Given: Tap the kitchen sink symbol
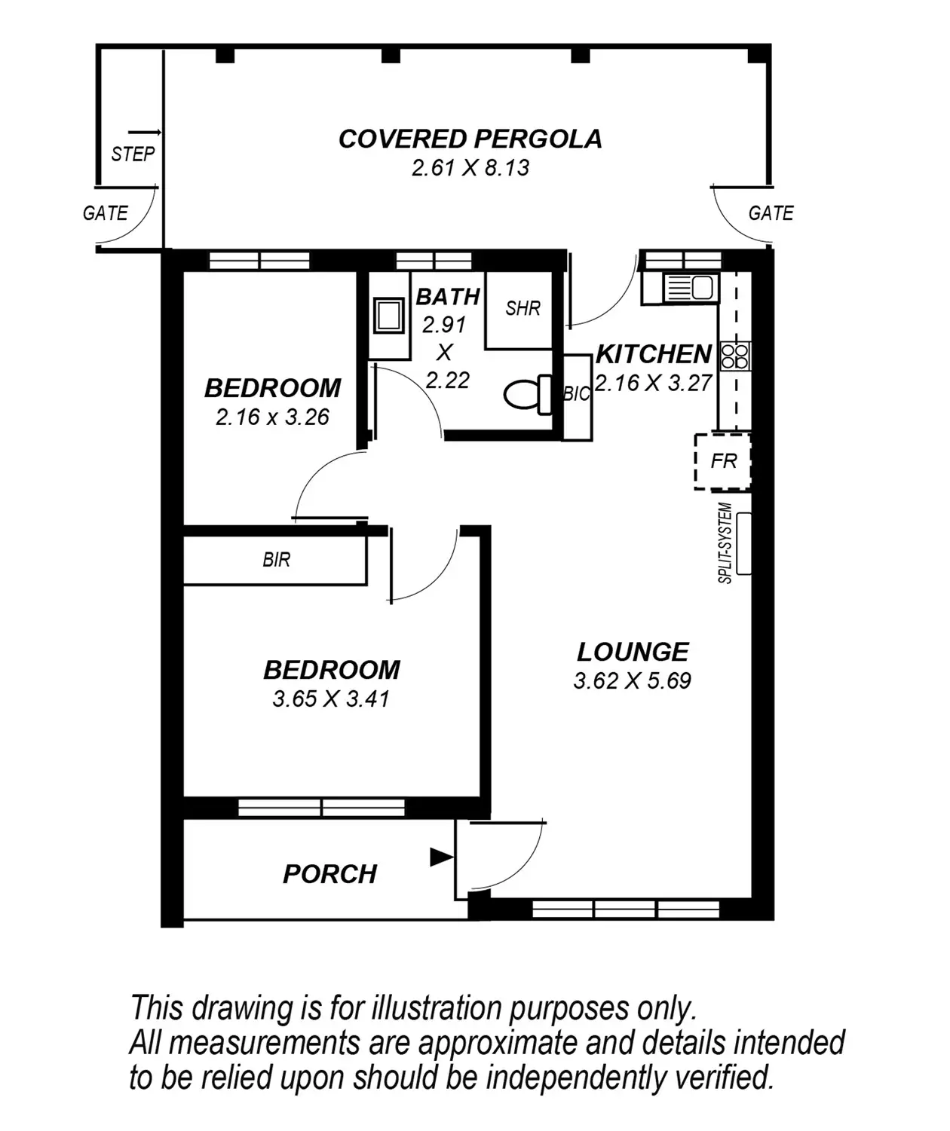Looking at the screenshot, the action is [x=691, y=288].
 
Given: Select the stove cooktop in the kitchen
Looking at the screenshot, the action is [x=735, y=356].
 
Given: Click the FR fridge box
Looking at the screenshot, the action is [x=723, y=461].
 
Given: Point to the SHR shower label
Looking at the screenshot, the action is [x=523, y=308].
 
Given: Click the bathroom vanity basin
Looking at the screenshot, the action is [x=388, y=315].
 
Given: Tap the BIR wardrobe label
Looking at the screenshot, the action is [x=277, y=560].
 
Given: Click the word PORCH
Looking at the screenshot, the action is [x=329, y=874].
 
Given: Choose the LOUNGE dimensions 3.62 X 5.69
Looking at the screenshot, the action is [x=633, y=681].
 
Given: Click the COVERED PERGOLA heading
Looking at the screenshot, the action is [x=470, y=139].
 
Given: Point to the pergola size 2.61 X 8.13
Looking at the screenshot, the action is [x=470, y=168].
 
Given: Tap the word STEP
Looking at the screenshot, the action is [x=133, y=154].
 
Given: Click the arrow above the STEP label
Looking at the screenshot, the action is [x=145, y=132].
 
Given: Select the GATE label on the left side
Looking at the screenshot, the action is [x=105, y=213].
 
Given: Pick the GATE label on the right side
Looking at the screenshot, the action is [x=771, y=213].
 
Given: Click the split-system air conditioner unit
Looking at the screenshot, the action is [x=744, y=543].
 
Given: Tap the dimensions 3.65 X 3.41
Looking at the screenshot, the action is [x=331, y=698].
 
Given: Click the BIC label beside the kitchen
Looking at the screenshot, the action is [x=577, y=394].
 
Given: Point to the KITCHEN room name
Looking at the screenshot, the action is [x=654, y=354].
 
